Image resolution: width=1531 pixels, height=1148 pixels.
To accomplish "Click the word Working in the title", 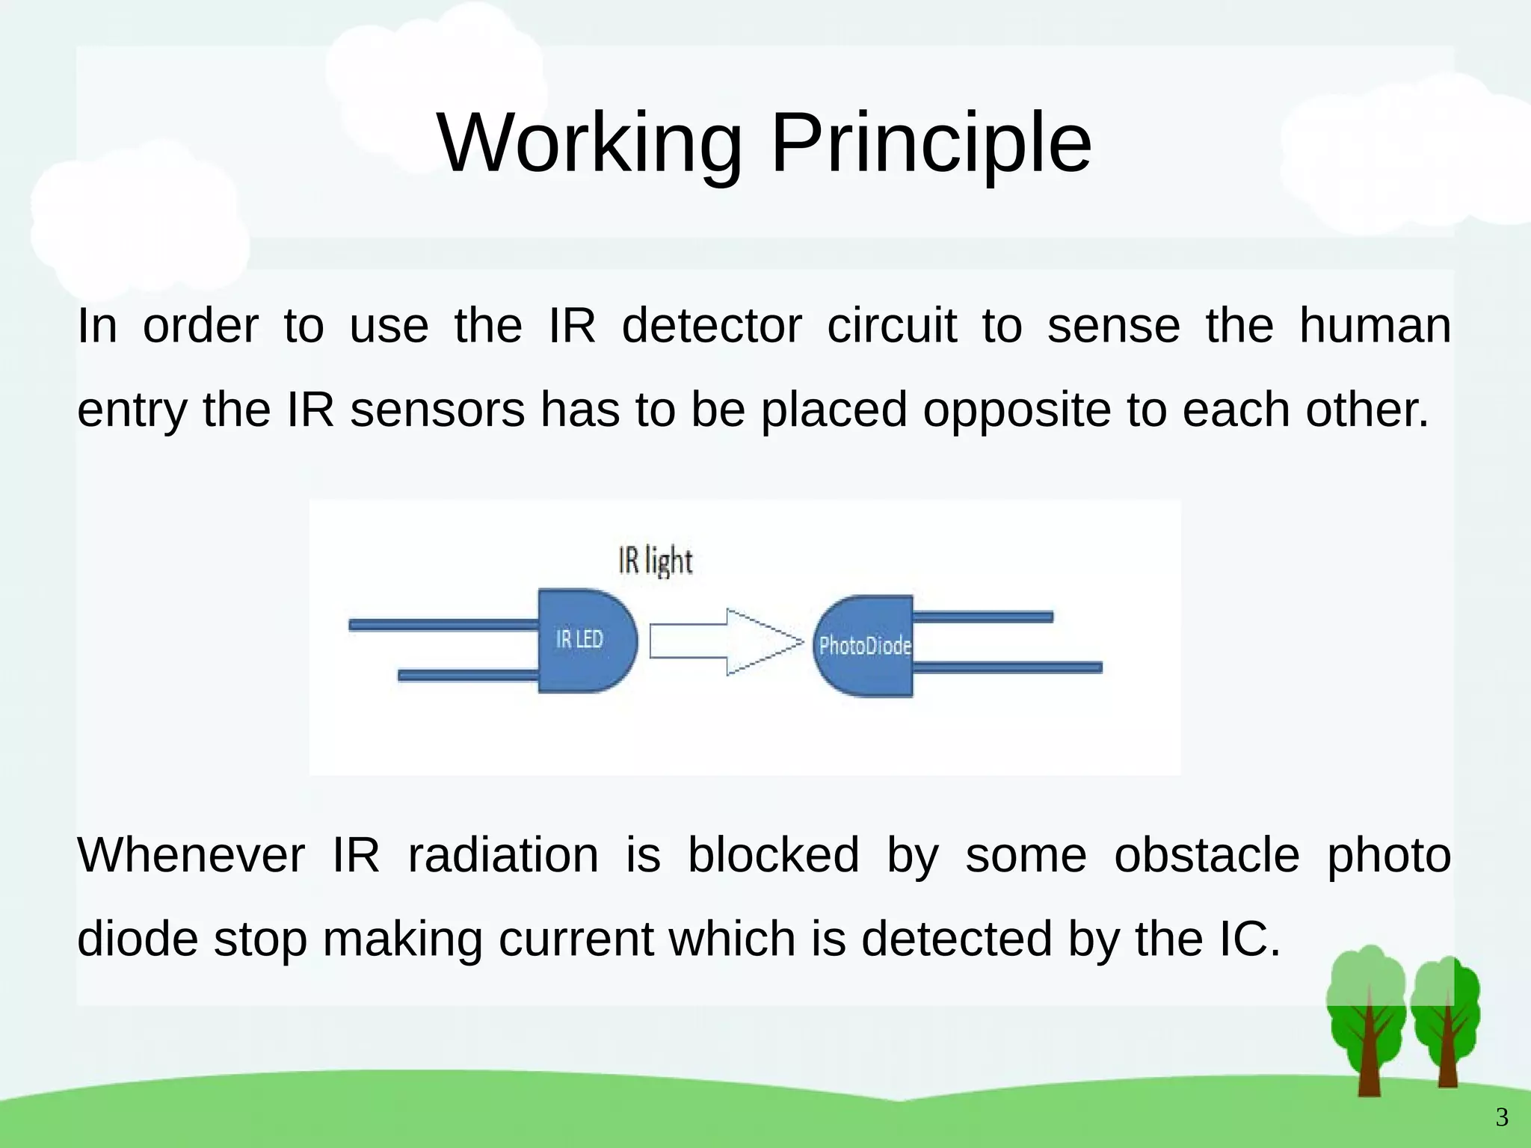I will (590, 143).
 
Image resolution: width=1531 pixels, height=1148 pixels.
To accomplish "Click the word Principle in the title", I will (931, 143).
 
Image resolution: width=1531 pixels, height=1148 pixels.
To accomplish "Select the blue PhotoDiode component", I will (864, 646).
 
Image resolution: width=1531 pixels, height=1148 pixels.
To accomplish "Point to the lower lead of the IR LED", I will (468, 675).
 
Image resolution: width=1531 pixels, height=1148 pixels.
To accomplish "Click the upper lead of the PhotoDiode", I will (982, 617).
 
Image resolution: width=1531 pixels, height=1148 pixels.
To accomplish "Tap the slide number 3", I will (1502, 1118).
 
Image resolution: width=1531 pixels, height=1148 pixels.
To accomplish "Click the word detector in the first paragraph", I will (711, 326).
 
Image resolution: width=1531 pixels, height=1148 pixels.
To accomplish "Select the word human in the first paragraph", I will (1375, 326).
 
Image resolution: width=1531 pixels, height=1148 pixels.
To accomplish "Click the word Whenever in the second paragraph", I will (191, 855).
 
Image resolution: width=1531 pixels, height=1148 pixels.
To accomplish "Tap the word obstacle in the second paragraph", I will (1207, 855).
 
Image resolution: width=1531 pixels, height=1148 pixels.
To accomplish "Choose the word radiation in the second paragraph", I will (503, 855).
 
